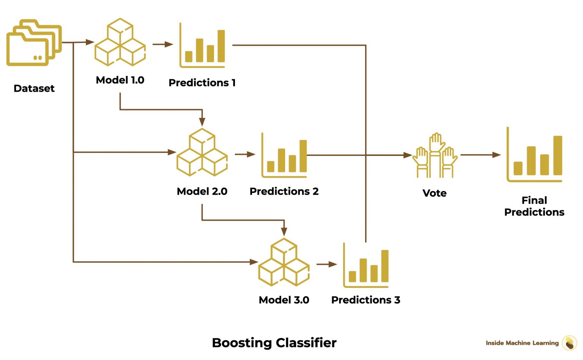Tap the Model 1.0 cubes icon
tap(120, 42)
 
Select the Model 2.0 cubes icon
tap(202, 152)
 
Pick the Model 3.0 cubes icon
tap(284, 262)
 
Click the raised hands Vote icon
tap(435, 156)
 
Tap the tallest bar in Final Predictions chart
tap(557, 155)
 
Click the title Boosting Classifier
tap(274, 343)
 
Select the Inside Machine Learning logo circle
tap(569, 343)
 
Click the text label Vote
tap(435, 193)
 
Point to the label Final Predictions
tap(534, 206)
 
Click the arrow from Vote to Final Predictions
tap(480, 155)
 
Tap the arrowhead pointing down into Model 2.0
tap(202, 121)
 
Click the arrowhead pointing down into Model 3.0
tap(284, 231)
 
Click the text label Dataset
tap(34, 88)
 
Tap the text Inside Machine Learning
tap(522, 343)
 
